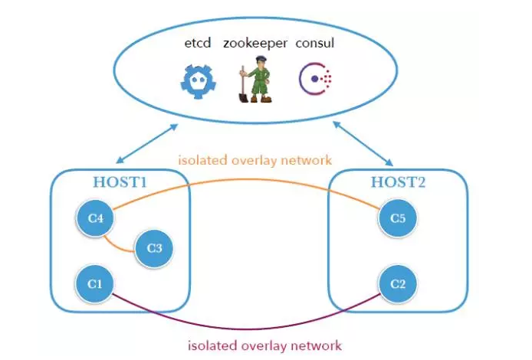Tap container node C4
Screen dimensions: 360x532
coord(95,219)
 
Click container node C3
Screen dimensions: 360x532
coord(153,248)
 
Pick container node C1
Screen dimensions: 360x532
coord(95,283)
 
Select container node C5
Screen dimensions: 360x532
coord(397,219)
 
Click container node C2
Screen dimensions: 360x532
coord(397,283)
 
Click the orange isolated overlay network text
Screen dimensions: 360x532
coord(255,161)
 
